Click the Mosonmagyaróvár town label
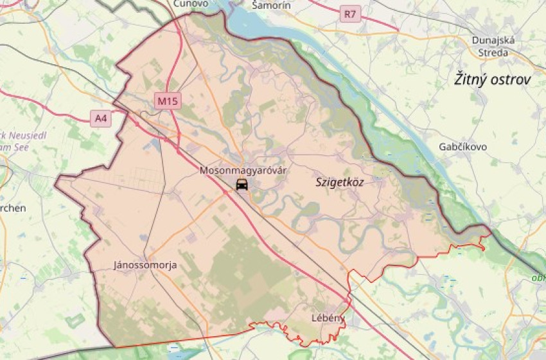(x=243, y=171)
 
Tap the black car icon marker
(x=242, y=185)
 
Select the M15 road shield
(x=168, y=101)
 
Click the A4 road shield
(x=100, y=118)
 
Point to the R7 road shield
(x=350, y=13)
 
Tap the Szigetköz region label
(x=340, y=183)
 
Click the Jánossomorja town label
(x=145, y=265)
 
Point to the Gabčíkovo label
(x=462, y=147)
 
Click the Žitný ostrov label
(x=493, y=80)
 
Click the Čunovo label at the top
(x=191, y=3)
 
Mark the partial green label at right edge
(x=538, y=278)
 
